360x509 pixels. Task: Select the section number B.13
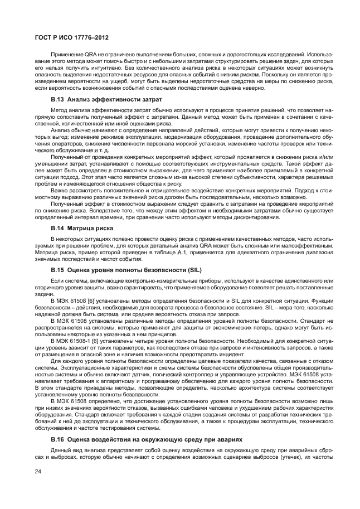click(58, 99)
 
